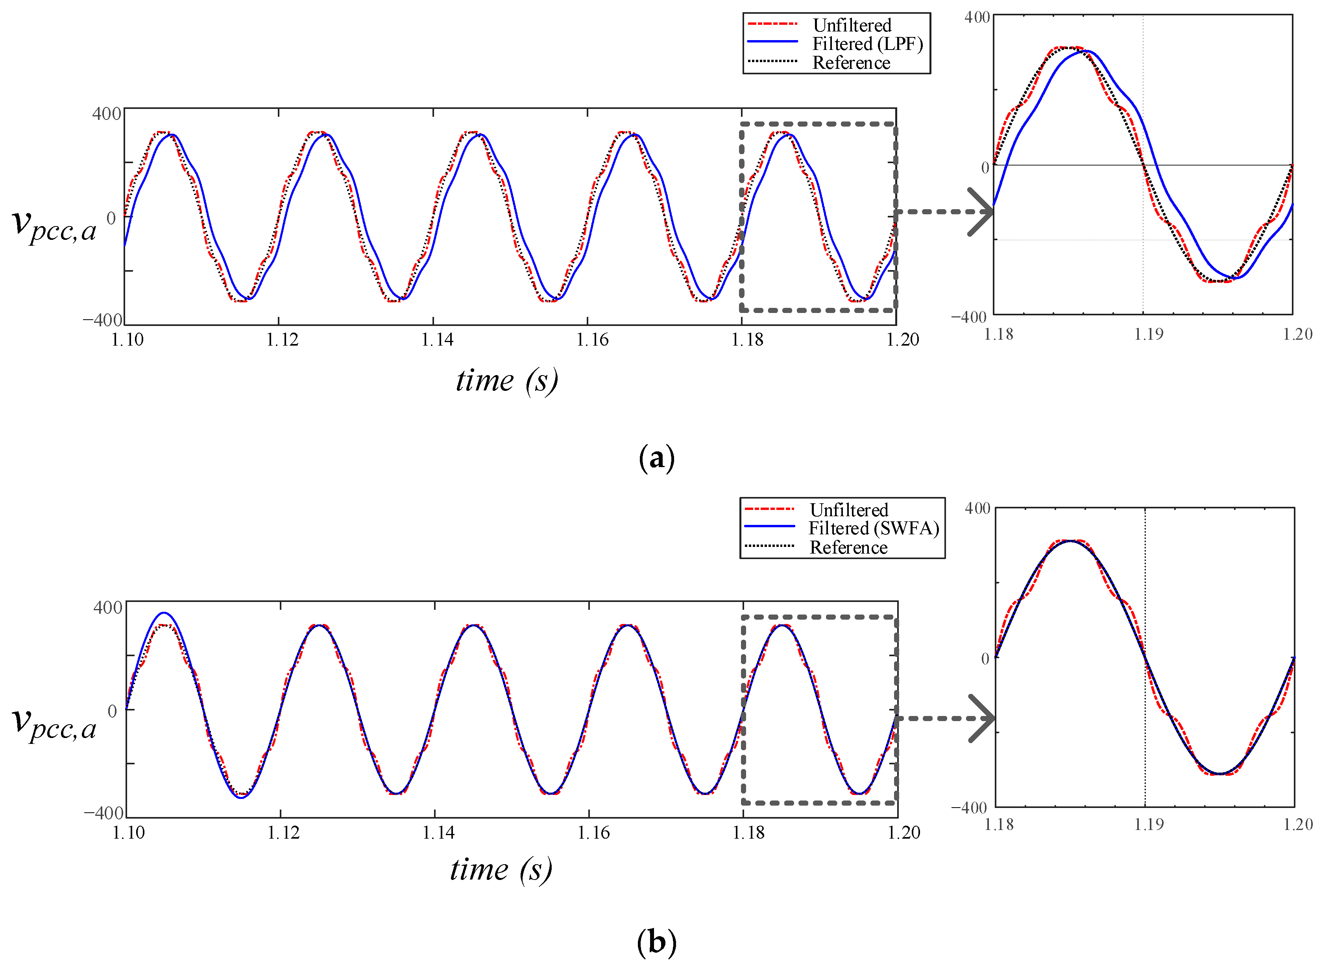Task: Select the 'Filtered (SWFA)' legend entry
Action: (873, 528)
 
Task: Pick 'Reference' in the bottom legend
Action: (848, 547)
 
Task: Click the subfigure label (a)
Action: (656, 458)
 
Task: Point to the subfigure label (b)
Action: (656, 942)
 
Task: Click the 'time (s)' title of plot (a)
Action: (506, 381)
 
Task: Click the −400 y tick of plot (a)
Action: (103, 320)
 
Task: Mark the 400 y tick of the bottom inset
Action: (977, 508)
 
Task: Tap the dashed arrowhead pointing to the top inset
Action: (980, 212)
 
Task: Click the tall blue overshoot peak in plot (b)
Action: (165, 613)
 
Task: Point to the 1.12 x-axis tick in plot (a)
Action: (282, 340)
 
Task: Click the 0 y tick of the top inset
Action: (985, 167)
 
